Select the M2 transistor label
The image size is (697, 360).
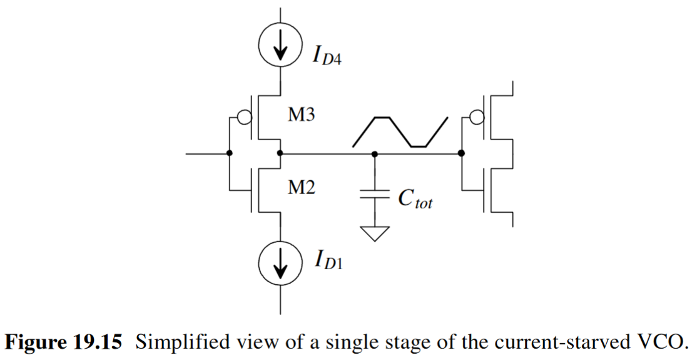point(301,188)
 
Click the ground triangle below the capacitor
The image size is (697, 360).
point(374,234)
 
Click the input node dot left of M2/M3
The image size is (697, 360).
point(230,153)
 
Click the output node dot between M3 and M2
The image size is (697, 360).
point(280,153)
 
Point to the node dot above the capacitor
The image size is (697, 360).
point(374,153)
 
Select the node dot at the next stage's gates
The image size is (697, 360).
point(461,153)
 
